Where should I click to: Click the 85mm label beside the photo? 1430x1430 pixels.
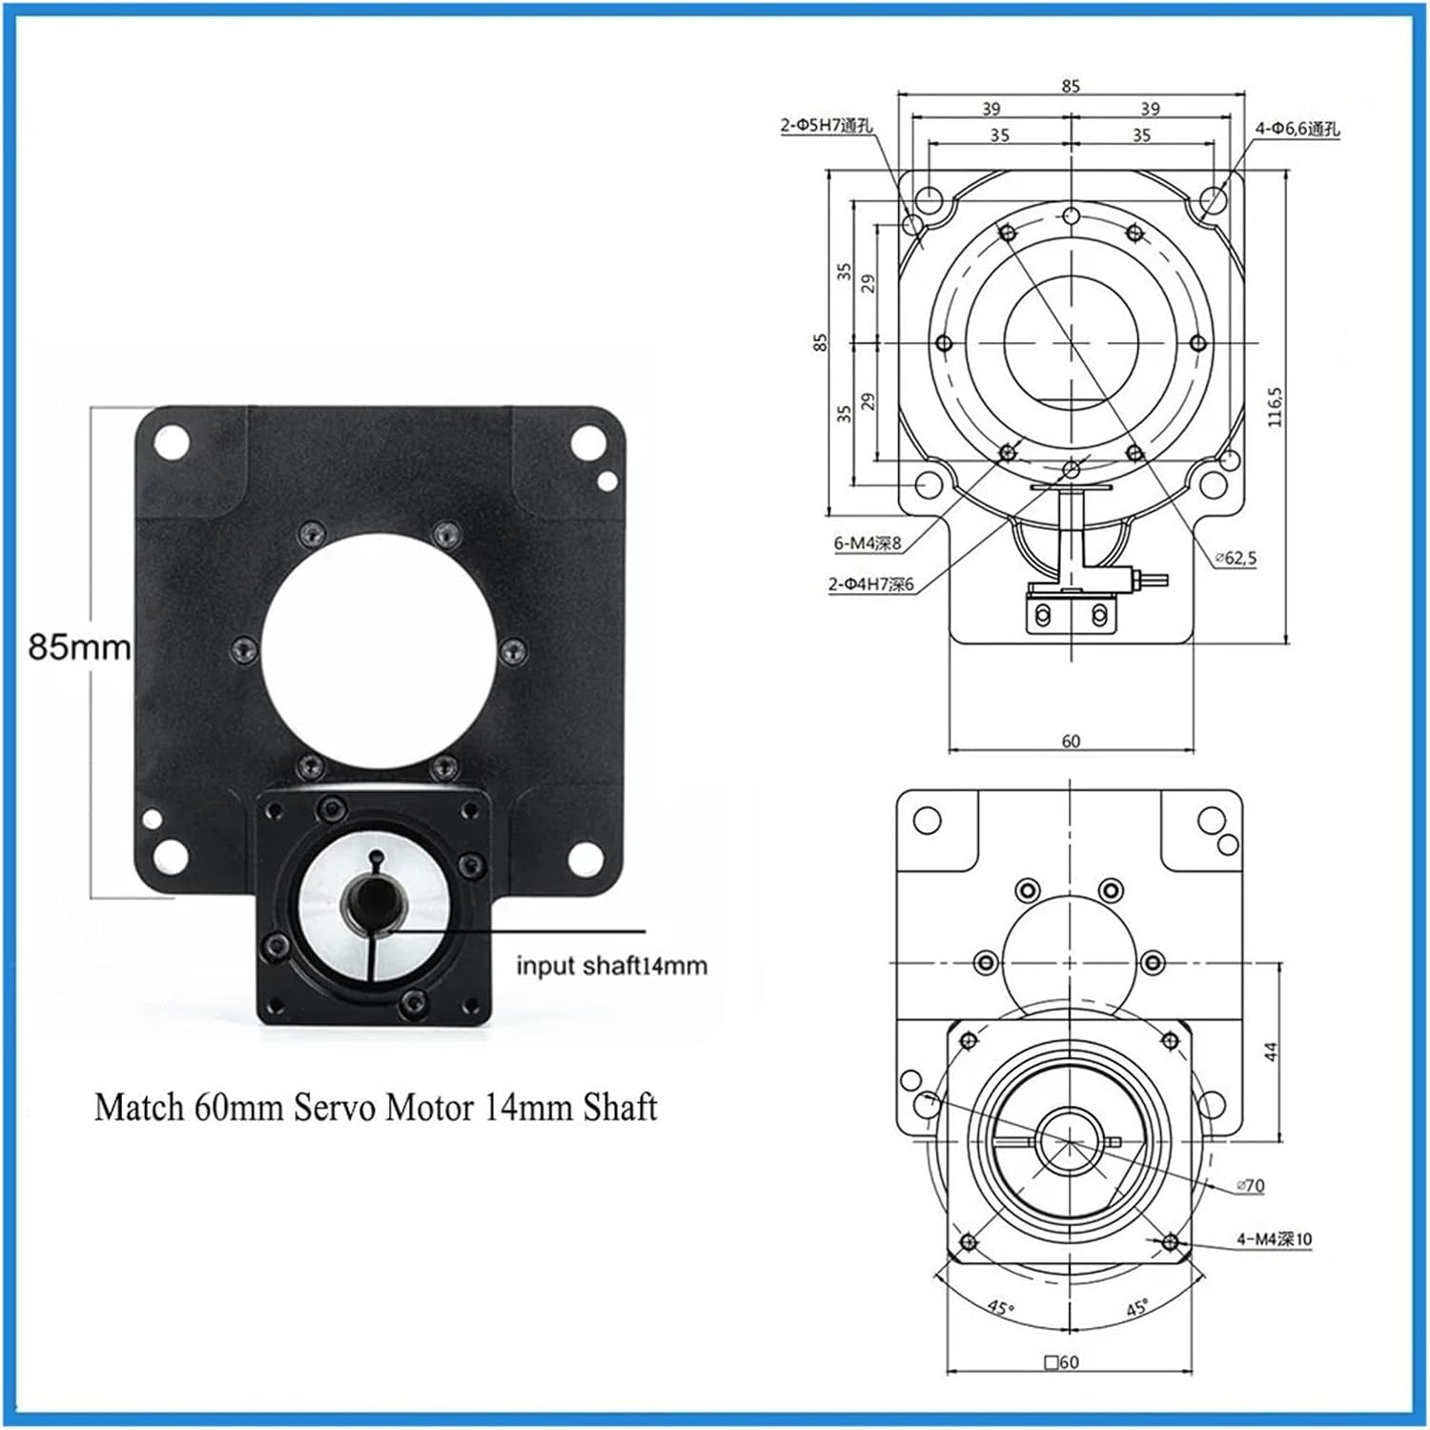[x=80, y=647]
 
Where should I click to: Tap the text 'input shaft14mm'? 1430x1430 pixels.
[x=612, y=966]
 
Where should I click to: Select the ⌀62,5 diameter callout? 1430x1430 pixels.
[x=1236, y=559]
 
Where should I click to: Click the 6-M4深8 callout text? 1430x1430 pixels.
[x=868, y=543]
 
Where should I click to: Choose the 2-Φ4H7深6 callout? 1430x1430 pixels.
[x=871, y=583]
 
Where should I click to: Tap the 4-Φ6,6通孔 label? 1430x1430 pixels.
[x=1297, y=129]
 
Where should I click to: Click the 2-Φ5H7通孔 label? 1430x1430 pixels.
[x=826, y=125]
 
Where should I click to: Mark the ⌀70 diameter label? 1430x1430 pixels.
[x=1250, y=1186]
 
